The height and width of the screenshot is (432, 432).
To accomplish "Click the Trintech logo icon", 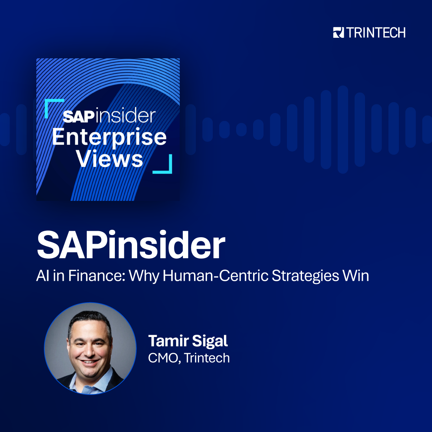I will click(338, 33).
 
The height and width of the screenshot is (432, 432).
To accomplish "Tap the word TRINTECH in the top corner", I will click(376, 33).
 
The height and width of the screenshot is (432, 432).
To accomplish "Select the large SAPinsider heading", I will click(131, 246).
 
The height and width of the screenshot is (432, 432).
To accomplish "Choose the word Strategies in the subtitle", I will click(305, 276).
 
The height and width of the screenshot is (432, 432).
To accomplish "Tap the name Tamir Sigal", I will click(188, 341).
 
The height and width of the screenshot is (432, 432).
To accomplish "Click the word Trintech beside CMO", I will click(207, 358).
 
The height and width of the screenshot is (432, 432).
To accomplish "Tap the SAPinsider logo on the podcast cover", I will click(109, 116).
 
